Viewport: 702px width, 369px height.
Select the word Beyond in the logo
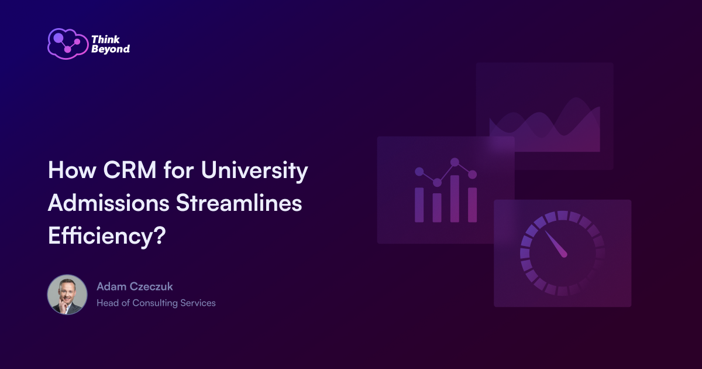[x=111, y=50]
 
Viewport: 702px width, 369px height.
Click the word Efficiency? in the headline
[x=107, y=236]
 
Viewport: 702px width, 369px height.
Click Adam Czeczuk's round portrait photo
[x=67, y=295]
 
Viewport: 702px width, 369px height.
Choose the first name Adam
[x=109, y=286]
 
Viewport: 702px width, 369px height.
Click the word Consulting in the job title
[x=153, y=303]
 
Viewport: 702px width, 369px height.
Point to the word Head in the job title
[x=107, y=303]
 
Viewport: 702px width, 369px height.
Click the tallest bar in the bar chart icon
[x=455, y=199]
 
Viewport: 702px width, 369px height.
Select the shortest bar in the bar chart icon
[x=436, y=208]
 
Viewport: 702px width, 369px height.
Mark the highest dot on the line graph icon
[x=455, y=162]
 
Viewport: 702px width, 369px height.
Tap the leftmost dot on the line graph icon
[x=419, y=172]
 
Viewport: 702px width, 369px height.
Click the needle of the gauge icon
[x=556, y=244]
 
